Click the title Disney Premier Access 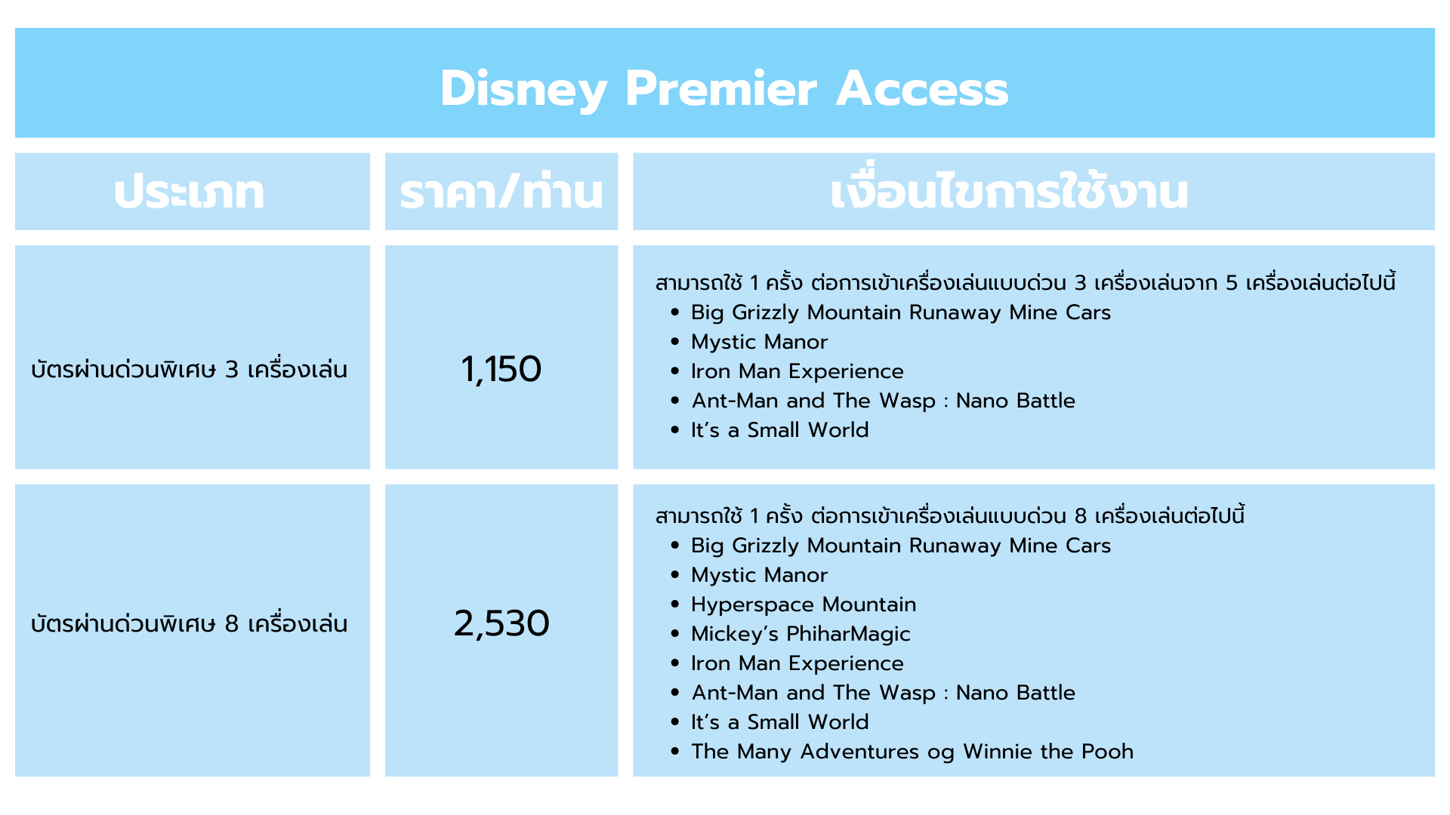(x=724, y=89)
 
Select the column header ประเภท (x=189, y=192)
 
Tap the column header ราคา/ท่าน (x=501, y=192)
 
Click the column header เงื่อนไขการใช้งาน (x=1009, y=190)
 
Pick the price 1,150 (x=501, y=369)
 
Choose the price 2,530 (x=501, y=623)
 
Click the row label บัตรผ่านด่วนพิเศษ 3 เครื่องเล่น (x=189, y=369)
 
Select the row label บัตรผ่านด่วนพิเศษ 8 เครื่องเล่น (x=189, y=623)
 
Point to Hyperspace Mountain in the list (x=804, y=604)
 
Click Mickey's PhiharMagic (x=801, y=634)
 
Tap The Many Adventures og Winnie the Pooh (x=912, y=752)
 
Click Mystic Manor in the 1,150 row (x=759, y=342)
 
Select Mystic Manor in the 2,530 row (x=759, y=575)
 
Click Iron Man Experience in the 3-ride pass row (x=797, y=371)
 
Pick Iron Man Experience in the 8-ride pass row (x=797, y=663)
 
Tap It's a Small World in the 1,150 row (x=779, y=430)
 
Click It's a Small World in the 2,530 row (x=779, y=722)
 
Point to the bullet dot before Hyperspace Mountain (x=675, y=604)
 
